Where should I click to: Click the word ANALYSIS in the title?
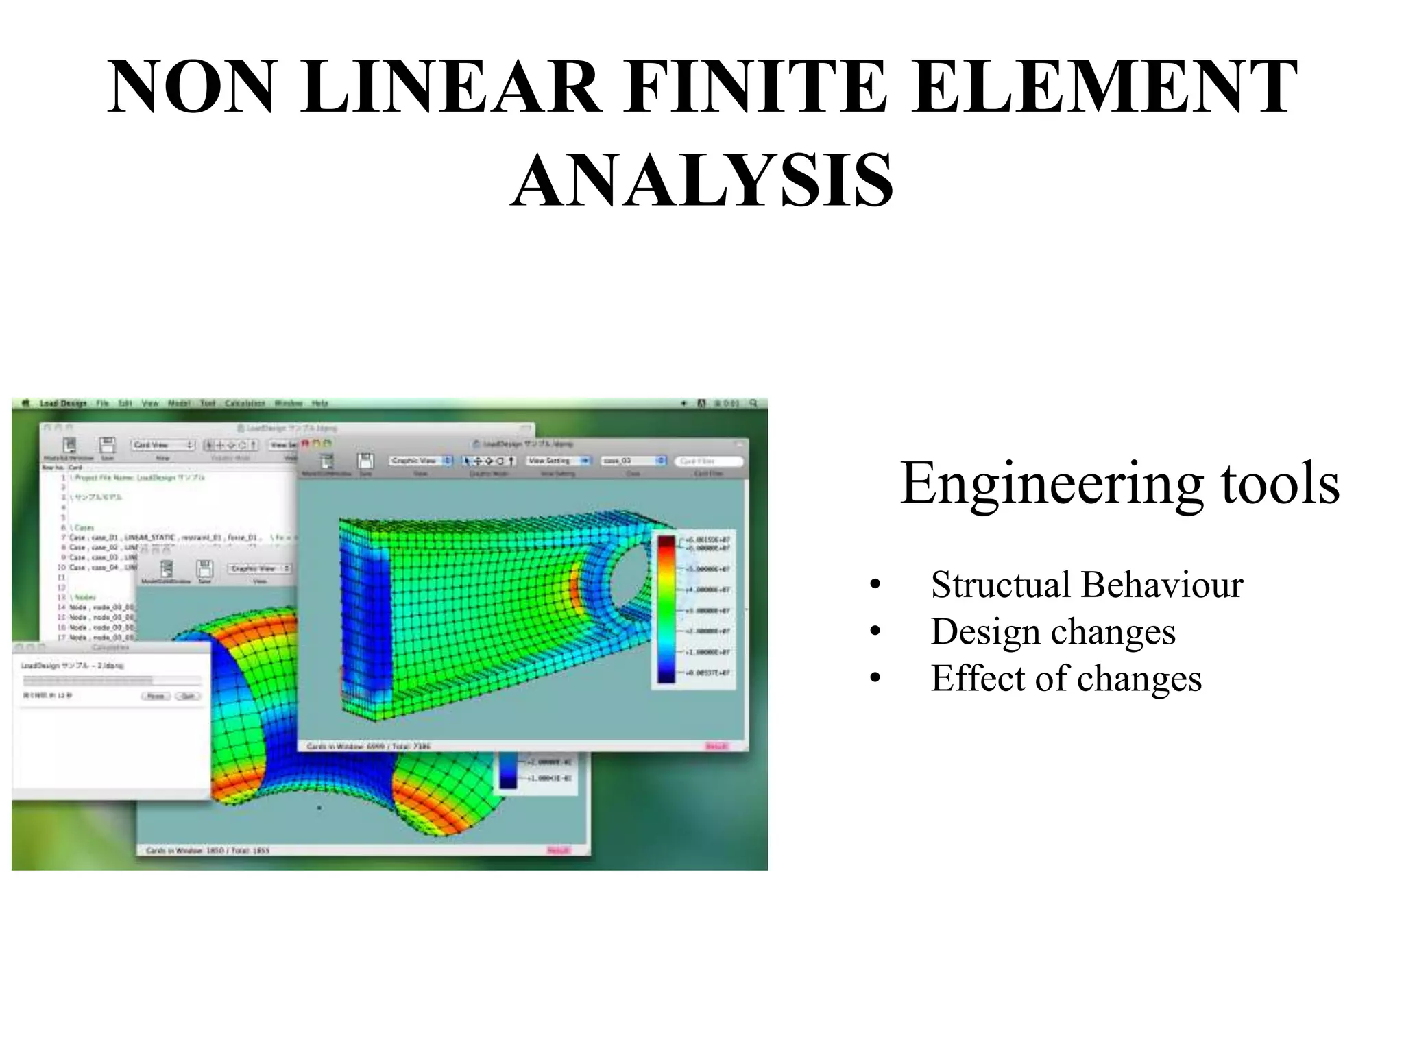pyautogui.click(x=702, y=180)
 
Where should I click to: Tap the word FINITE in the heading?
pyautogui.click(x=755, y=87)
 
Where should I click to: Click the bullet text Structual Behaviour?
pyautogui.click(x=1087, y=585)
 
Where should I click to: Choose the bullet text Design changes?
pyautogui.click(x=1053, y=631)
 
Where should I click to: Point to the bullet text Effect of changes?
pyautogui.click(x=1066, y=678)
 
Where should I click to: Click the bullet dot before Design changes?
pyautogui.click(x=875, y=632)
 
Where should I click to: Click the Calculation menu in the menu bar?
pyautogui.click(x=245, y=403)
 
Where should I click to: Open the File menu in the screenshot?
pyautogui.click(x=102, y=403)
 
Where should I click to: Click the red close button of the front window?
pyautogui.click(x=306, y=444)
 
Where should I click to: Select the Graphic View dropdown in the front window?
pyautogui.click(x=420, y=461)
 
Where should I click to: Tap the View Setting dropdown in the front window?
pyautogui.click(x=558, y=461)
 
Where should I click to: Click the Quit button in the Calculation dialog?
pyautogui.click(x=188, y=696)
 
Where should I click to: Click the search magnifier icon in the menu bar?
pyautogui.click(x=753, y=403)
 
